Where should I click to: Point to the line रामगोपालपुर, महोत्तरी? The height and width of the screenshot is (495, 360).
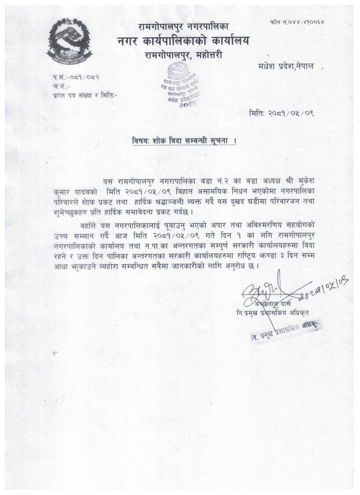pyautogui.click(x=184, y=55)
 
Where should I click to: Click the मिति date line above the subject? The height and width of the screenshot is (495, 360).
pyautogui.click(x=282, y=114)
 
